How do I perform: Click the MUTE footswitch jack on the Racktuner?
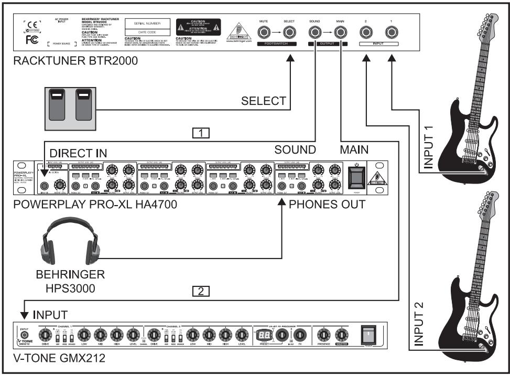click(264, 35)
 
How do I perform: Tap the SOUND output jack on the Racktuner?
click(315, 35)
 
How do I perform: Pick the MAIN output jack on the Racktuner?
click(341, 35)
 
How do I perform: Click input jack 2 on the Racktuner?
click(364, 35)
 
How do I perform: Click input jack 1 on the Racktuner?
click(390, 35)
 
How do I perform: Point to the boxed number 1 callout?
click(202, 133)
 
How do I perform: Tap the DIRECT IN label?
click(78, 152)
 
